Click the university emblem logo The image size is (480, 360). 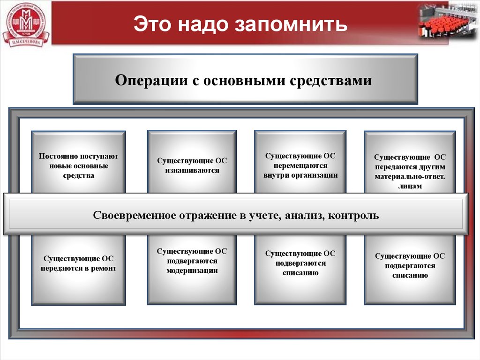click(x=26, y=24)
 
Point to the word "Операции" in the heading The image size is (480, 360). click(x=150, y=80)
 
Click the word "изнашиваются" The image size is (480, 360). click(x=192, y=171)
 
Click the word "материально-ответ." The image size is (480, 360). click(x=410, y=177)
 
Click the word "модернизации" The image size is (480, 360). click(x=192, y=271)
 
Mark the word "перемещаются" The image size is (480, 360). click(x=300, y=165)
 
